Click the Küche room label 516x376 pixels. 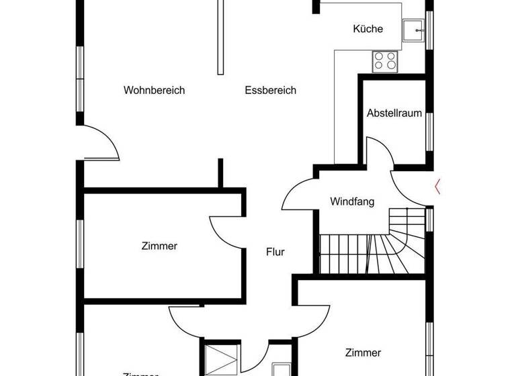(x=368, y=29)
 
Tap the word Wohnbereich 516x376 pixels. (x=154, y=91)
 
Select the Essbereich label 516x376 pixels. (x=270, y=91)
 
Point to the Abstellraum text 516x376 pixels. (x=394, y=113)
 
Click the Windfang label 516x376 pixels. (x=352, y=201)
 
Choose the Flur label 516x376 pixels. (x=275, y=252)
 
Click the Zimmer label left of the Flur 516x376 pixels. (x=159, y=246)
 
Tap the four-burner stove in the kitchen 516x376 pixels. (x=385, y=60)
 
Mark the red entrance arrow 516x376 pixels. (x=438, y=186)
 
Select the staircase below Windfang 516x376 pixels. (x=373, y=248)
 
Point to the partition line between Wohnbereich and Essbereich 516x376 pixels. (x=220, y=37)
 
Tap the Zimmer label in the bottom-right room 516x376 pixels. (x=363, y=352)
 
